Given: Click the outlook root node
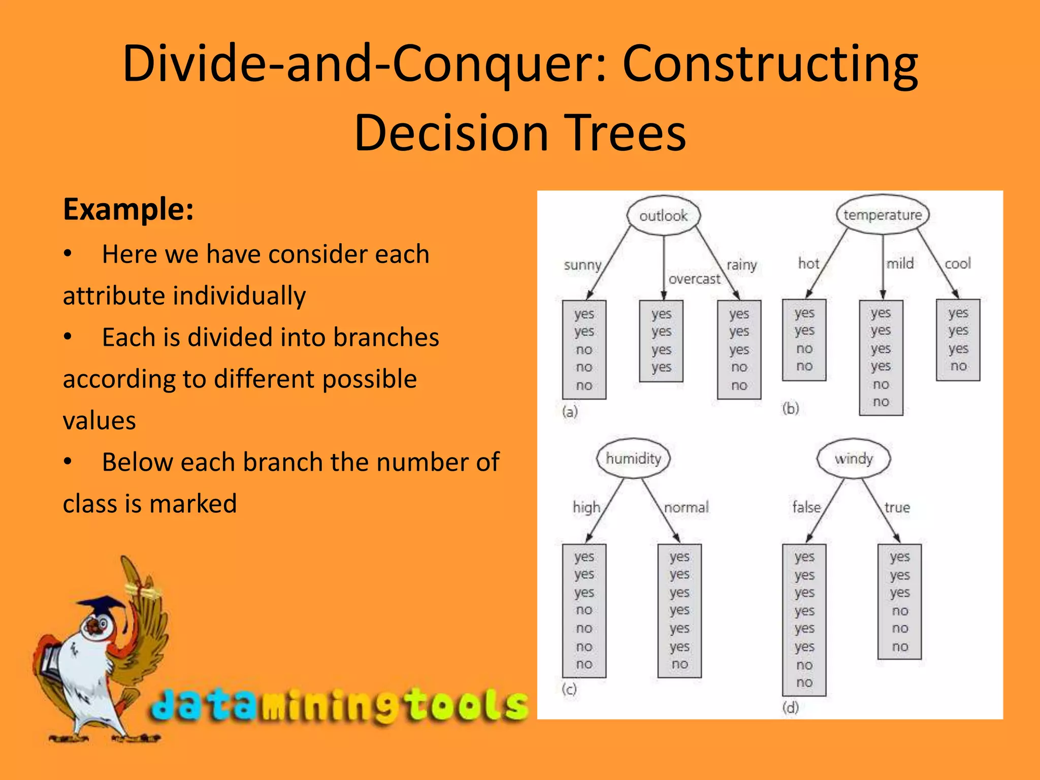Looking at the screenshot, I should [x=663, y=216].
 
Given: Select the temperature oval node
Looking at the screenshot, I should [x=883, y=215].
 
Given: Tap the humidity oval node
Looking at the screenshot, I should [x=633, y=459].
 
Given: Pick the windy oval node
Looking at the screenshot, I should [x=853, y=459].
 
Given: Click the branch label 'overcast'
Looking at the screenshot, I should [x=694, y=279].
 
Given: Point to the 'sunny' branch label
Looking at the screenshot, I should [x=582, y=265].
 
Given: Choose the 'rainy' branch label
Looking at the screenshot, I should [x=741, y=265].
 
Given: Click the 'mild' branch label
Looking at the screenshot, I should [x=900, y=264].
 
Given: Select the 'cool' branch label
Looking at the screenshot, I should [x=958, y=264].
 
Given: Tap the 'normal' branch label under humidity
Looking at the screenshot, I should [x=686, y=507].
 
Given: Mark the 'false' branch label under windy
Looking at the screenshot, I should [x=806, y=507].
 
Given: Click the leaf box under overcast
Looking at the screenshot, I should [x=661, y=341].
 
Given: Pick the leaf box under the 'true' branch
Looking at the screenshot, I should [x=899, y=602].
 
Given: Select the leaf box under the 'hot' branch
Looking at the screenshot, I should [x=804, y=340].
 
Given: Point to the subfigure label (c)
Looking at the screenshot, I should [x=569, y=689].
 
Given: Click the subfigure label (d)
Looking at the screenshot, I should [x=790, y=707].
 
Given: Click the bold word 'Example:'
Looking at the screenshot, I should [x=128, y=209].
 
